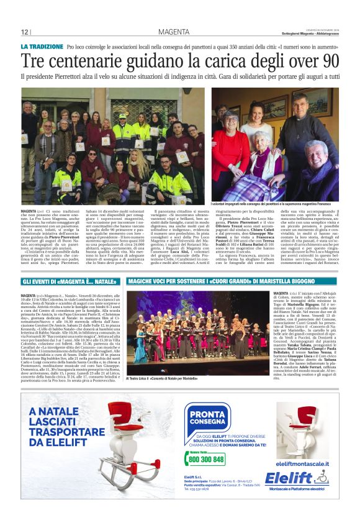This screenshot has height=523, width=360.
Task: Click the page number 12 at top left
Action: (25, 32)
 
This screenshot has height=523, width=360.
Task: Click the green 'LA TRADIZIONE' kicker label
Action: (42, 47)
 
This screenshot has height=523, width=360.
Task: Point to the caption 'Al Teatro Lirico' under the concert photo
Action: (162, 378)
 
